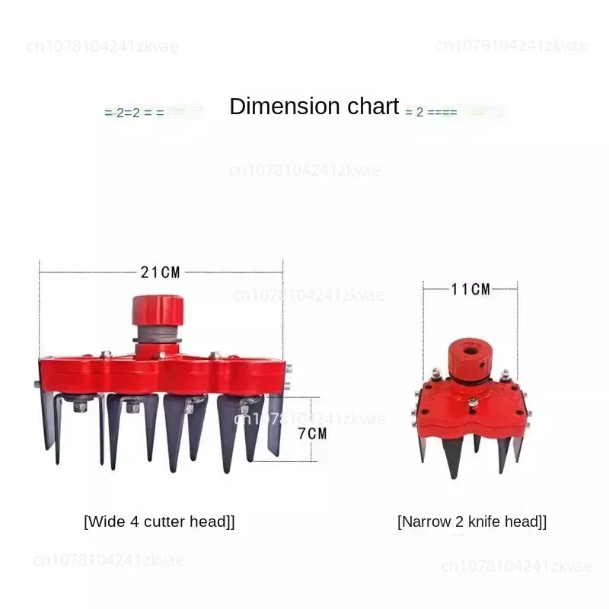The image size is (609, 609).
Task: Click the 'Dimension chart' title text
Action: [x=314, y=107]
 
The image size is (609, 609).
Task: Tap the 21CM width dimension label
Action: [x=160, y=272]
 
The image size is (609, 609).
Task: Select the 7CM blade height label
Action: [x=312, y=433]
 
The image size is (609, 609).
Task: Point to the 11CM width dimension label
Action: [x=470, y=289]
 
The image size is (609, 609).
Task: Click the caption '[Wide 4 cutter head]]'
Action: [x=159, y=521]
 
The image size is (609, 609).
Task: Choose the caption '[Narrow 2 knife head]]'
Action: [x=472, y=521]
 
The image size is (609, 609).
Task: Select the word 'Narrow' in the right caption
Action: [x=423, y=521]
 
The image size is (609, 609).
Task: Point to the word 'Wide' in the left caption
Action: [x=104, y=521]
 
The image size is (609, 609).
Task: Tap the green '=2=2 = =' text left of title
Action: [x=133, y=112]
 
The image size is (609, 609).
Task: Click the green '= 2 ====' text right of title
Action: [x=431, y=112]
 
